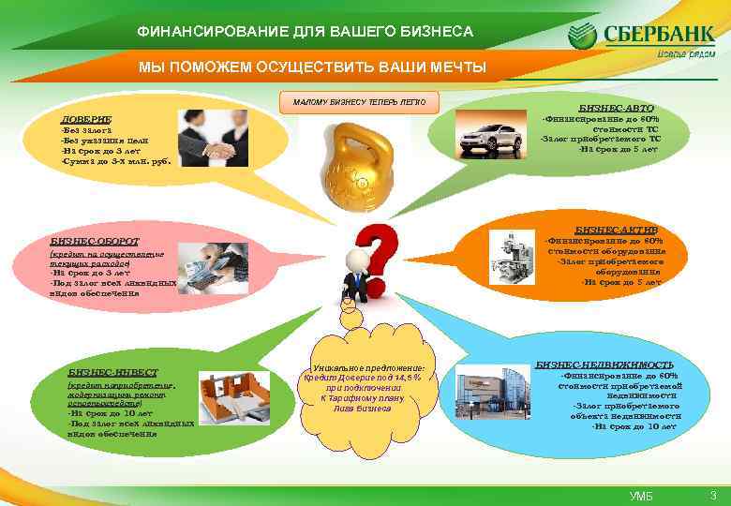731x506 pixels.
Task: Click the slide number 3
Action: point(713,495)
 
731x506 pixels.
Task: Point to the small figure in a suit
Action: point(354,276)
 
